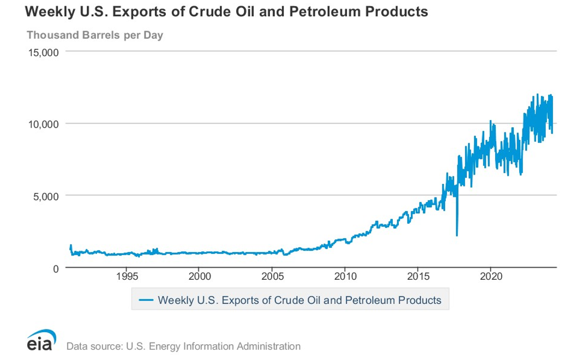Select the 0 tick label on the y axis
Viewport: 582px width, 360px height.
pos(56,268)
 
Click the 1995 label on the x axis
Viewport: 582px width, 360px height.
pos(126,277)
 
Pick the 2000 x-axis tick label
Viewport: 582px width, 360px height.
pos(199,277)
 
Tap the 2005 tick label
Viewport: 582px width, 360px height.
pos(272,277)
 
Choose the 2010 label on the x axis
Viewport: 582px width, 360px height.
pos(345,277)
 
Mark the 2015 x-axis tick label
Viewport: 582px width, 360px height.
pos(417,277)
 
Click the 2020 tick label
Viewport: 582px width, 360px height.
pos(490,277)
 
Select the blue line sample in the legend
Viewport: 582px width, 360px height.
pos(146,299)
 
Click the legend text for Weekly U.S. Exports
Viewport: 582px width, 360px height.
pos(298,299)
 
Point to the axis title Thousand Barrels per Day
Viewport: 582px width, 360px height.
pos(95,35)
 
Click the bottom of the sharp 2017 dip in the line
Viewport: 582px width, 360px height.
pos(457,235)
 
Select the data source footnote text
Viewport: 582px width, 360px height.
pos(183,346)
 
